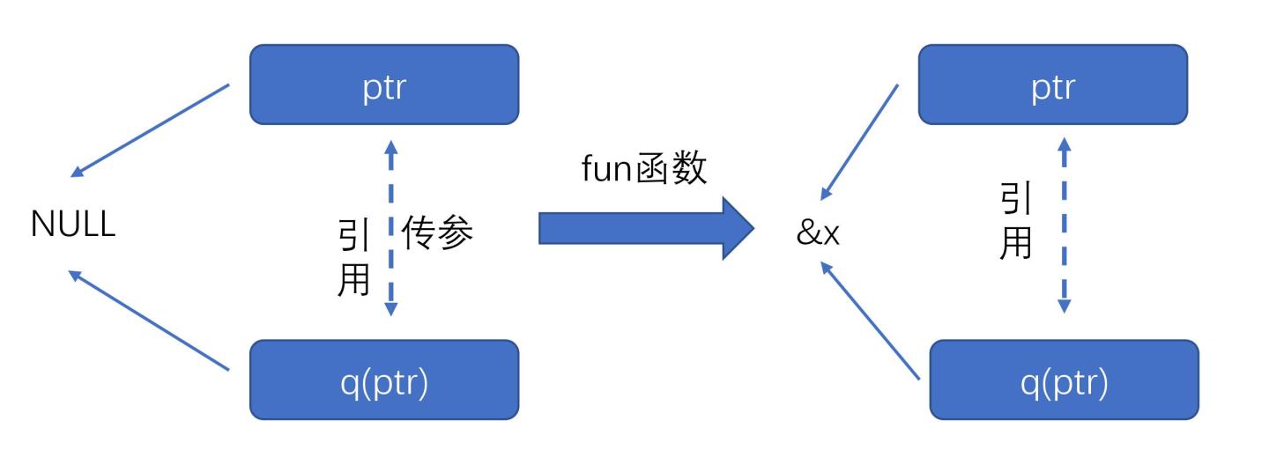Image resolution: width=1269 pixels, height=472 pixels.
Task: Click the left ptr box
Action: point(384,85)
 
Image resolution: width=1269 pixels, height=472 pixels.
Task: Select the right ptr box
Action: point(1052,85)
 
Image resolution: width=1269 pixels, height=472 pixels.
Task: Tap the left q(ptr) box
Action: point(384,380)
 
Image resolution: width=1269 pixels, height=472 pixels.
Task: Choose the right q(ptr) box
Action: point(1064,380)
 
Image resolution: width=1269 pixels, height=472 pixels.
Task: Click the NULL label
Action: point(73,225)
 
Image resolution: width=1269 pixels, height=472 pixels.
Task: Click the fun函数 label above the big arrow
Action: point(644,168)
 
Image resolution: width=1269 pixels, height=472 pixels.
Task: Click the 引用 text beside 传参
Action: point(354,257)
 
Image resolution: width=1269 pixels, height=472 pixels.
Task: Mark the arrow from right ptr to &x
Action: point(859,142)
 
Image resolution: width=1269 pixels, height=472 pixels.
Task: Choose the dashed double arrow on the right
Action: point(1064,225)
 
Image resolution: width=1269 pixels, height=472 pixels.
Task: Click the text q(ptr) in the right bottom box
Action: point(1064,385)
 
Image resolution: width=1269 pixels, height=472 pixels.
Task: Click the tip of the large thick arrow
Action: point(751,228)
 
